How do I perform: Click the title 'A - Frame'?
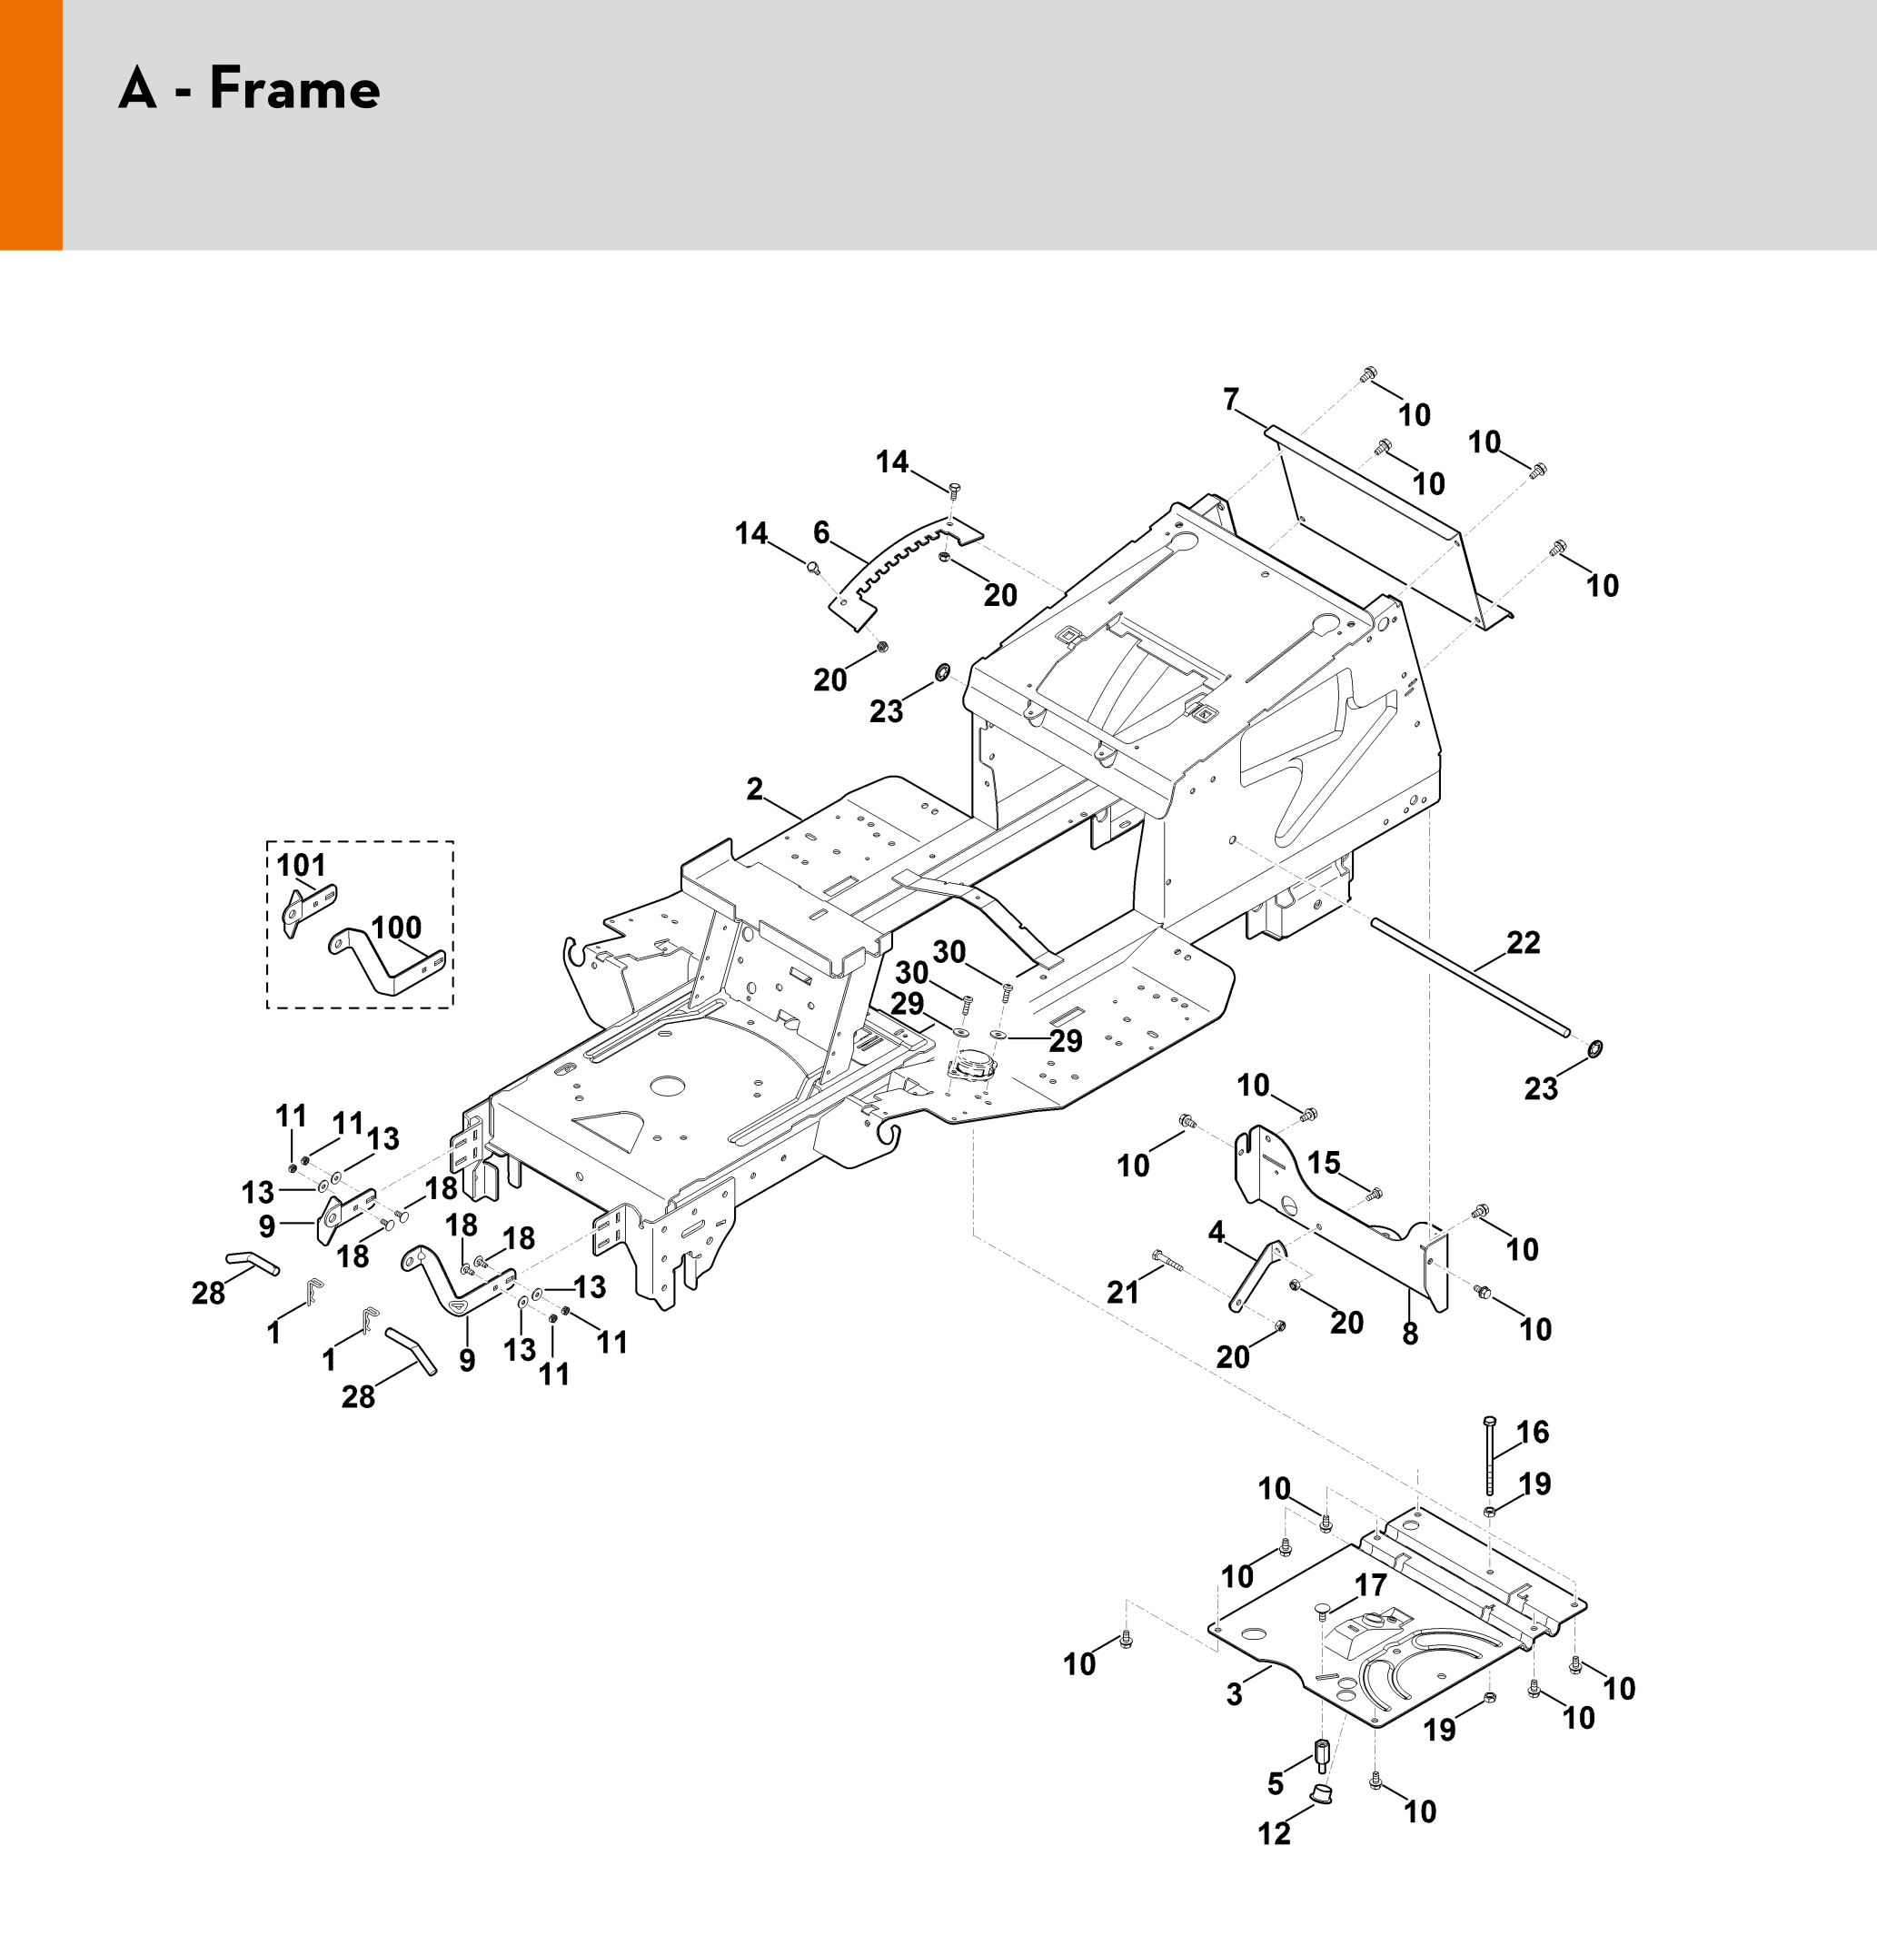coord(249,88)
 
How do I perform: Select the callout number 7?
coord(1231,400)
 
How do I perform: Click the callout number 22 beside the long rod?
coord(1523,943)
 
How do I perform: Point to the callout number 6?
coord(820,531)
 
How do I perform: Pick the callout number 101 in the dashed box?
coord(302,864)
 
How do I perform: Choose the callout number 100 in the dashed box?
coord(396,928)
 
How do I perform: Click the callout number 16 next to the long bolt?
coord(1532,1433)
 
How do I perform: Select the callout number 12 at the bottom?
coord(1274,1833)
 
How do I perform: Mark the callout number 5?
coord(1275,1783)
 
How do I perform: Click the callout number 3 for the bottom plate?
coord(1235,1694)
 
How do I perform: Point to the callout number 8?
coord(1409,1334)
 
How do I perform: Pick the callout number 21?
coord(1122,1292)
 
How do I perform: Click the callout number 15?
coord(1324,1162)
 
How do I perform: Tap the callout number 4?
coord(1216,1233)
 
